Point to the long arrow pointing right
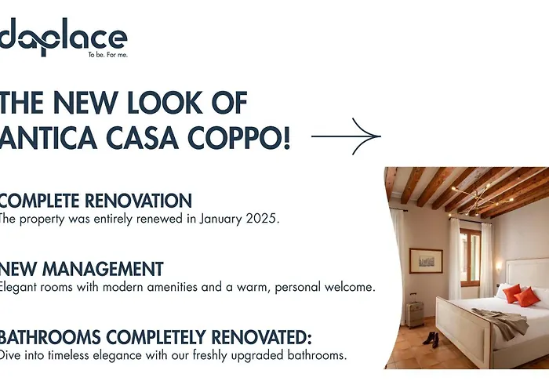pyautogui.click(x=346, y=137)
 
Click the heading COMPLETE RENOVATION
pyautogui.click(x=96, y=200)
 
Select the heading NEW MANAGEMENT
pyautogui.click(x=82, y=269)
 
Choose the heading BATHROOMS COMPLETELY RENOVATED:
pyautogui.click(x=155, y=338)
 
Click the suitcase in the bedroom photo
pyautogui.click(x=415, y=313)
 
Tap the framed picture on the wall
pyautogui.click(x=426, y=260)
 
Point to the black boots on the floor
pyautogui.click(x=431, y=339)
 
